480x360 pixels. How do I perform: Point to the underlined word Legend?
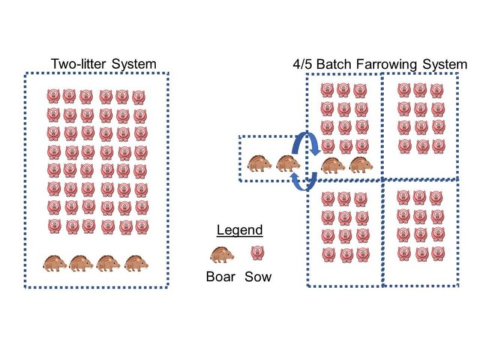pos(239,230)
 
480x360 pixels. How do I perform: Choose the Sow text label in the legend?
pos(258,277)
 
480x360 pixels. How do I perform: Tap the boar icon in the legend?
pos(222,254)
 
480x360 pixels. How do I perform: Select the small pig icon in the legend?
pos(257,253)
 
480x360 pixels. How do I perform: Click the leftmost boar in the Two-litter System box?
pos(56,262)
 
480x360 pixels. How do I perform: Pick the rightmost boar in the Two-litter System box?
pos(137,262)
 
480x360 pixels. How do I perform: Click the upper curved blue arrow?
pos(307,145)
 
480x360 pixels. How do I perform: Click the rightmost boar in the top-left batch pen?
pos(361,164)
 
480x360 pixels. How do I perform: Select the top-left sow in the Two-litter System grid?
pos(53,97)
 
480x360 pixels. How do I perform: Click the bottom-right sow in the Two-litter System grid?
pos(141,227)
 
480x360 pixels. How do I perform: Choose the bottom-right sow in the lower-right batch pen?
pos(437,254)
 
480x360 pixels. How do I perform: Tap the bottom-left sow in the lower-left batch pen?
pos(328,254)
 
